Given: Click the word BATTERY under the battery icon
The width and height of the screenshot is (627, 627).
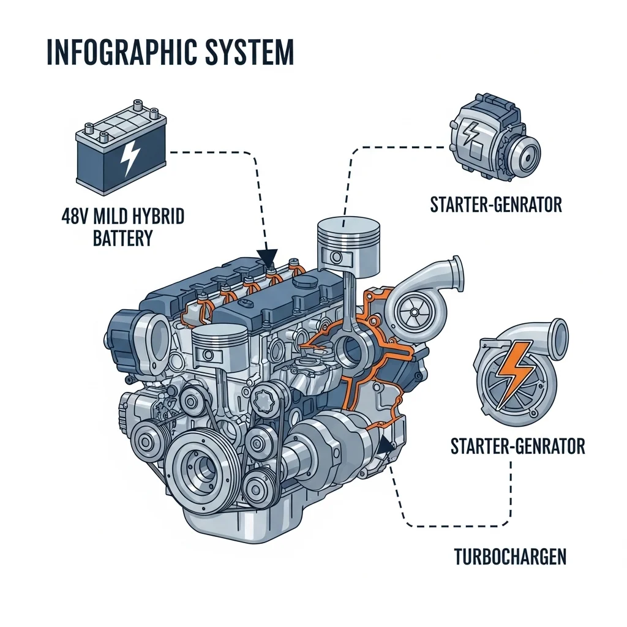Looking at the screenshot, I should coord(122,238).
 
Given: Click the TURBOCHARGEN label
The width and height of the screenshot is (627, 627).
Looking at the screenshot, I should coord(510,557).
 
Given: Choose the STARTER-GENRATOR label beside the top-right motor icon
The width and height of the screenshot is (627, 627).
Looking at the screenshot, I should coord(495,204).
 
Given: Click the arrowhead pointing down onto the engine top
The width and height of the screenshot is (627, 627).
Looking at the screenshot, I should coord(268,257).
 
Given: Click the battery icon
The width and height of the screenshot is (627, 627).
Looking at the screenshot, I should coord(121,151).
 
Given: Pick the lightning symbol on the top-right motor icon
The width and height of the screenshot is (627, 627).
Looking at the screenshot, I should coord(472,133).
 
